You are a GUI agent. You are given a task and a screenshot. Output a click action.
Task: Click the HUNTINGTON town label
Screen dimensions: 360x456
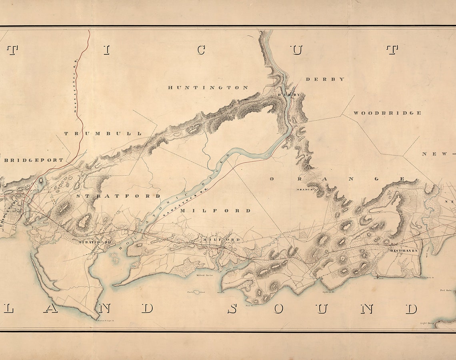(208, 88)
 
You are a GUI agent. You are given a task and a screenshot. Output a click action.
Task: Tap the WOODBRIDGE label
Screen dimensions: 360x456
(387, 113)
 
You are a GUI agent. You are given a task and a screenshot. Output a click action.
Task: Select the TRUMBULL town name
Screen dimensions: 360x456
(103, 134)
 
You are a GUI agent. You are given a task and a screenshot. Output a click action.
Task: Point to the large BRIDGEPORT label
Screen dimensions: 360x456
(34, 160)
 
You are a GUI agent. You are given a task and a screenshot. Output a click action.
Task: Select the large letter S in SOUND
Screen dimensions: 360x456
(232, 309)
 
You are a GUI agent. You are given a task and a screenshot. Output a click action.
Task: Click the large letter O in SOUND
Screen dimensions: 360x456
(278, 309)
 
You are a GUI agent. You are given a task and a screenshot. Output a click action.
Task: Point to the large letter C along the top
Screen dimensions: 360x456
(201, 50)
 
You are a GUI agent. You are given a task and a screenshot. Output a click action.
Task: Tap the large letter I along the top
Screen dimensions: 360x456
(106, 50)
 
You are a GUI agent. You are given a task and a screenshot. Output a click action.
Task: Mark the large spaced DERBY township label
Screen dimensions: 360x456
(325, 79)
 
